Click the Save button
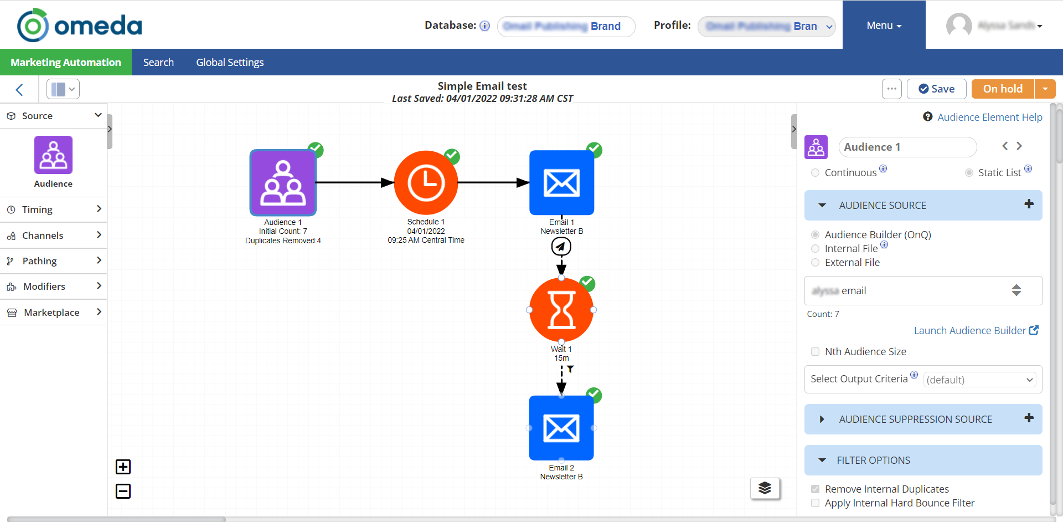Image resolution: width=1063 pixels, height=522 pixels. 936,89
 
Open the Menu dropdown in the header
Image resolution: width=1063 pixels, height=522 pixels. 884,25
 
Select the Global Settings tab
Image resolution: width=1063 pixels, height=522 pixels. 230,63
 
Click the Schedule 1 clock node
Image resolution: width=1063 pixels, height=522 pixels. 426,183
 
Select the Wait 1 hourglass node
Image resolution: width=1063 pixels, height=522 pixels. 561,310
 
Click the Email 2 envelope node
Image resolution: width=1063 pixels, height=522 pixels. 561,428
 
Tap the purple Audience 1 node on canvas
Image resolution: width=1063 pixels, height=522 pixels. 283,183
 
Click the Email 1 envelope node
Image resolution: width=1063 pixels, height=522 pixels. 561,183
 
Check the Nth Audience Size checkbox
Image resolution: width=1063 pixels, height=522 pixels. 815,352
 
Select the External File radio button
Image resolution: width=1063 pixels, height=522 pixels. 815,263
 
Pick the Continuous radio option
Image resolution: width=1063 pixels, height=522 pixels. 815,173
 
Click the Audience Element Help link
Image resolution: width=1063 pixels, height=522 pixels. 989,117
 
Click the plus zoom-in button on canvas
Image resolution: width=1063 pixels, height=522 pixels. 123,467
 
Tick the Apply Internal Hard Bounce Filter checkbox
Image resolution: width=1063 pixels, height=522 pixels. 815,503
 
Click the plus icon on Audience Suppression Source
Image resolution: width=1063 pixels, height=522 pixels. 1029,418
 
